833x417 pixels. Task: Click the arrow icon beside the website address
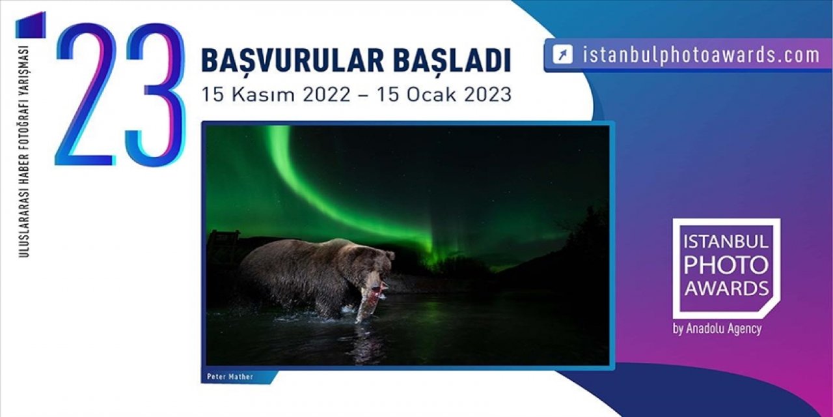(x=562, y=55)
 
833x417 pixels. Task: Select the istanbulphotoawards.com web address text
(x=701, y=55)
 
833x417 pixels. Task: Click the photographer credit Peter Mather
(x=229, y=377)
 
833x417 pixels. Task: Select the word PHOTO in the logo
(x=726, y=265)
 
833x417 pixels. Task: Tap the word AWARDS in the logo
(x=726, y=287)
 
